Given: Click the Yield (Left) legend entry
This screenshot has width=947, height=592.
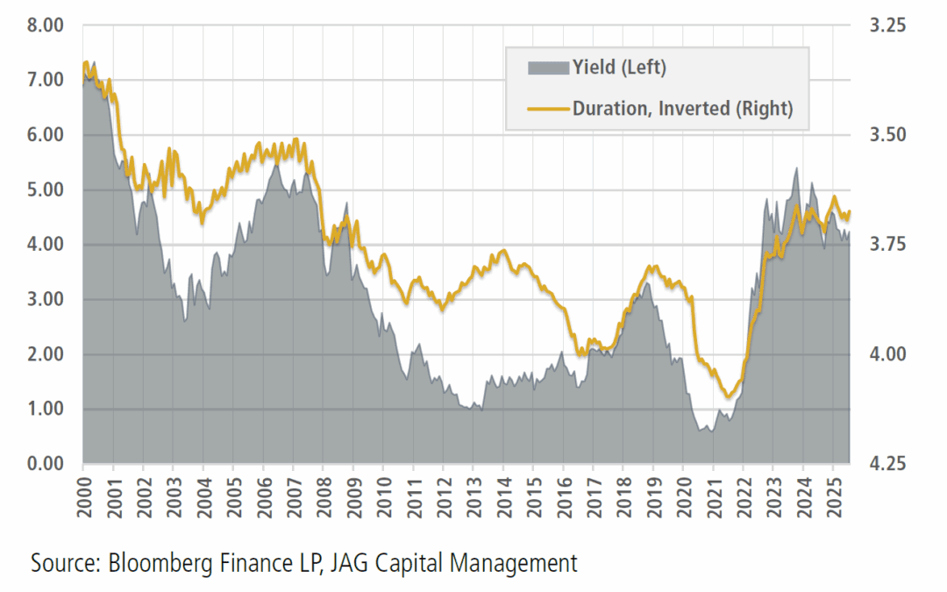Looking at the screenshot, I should (619, 68).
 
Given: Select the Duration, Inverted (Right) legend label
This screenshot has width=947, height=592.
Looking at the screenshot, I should (682, 109).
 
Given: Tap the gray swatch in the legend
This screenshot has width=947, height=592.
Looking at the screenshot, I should (548, 68).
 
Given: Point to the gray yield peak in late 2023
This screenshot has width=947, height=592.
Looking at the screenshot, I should (795, 168).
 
